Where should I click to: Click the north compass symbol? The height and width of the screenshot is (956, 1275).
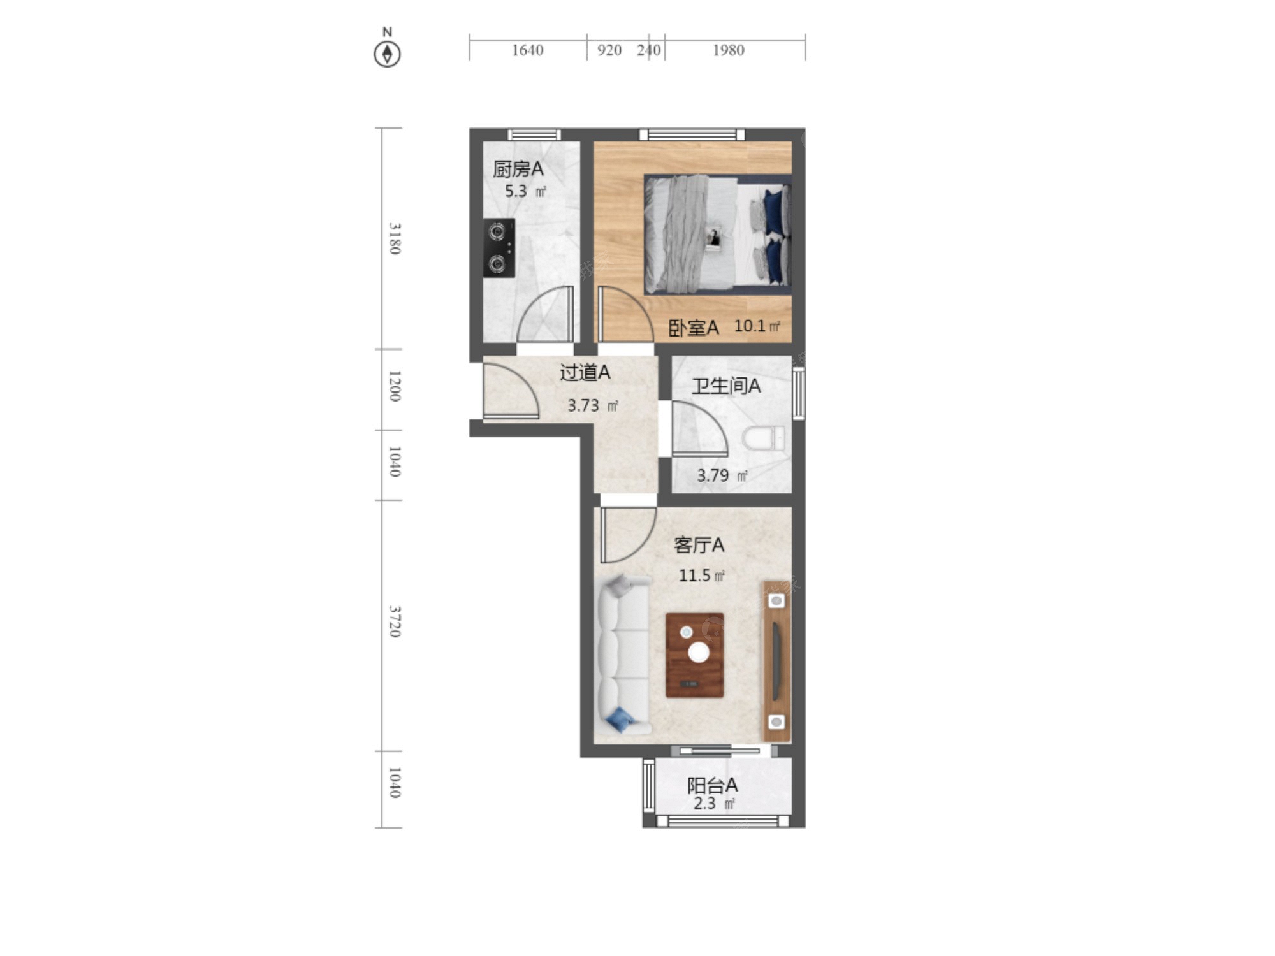point(387,54)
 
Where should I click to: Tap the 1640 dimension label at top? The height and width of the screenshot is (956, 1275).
point(528,50)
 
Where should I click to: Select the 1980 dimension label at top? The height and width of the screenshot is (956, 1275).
point(729,50)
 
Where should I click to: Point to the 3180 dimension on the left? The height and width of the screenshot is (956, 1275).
point(395,238)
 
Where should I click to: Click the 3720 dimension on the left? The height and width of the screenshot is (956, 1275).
point(395,621)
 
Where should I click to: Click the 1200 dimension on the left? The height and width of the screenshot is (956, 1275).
point(395,386)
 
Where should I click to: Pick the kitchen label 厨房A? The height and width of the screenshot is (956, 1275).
point(518,169)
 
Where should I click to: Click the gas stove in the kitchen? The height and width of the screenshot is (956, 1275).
point(499,248)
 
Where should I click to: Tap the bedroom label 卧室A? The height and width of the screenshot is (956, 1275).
point(694,328)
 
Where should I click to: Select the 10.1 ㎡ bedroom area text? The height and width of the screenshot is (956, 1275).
point(757,326)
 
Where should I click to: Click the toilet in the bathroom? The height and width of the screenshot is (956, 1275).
point(764,438)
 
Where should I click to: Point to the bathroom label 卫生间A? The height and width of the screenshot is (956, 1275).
point(726,386)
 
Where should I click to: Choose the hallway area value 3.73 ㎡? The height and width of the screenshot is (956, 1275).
point(593,405)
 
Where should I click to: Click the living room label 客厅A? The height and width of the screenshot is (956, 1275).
point(699,545)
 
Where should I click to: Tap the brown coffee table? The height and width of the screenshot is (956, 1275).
point(695,655)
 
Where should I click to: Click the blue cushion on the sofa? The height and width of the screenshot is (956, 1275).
point(620,720)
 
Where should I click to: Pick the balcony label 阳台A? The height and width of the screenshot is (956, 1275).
point(712,785)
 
